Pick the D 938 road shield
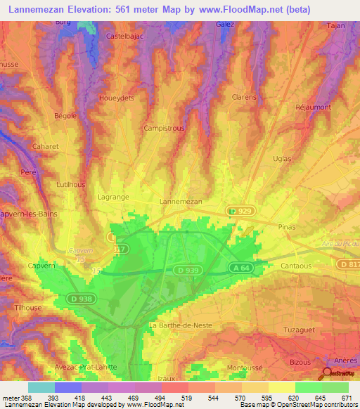point(80,299)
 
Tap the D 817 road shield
point(348,264)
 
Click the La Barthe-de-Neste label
point(181,325)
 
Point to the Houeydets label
point(117,98)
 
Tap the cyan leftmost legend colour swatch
point(41,387)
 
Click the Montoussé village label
point(245,368)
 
